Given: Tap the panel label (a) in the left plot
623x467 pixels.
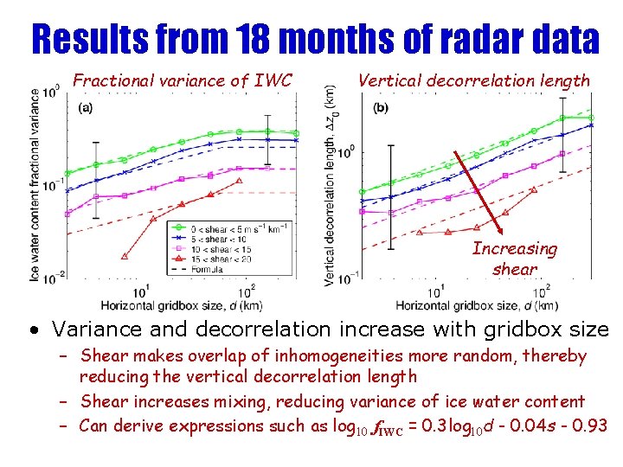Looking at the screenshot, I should (87, 108).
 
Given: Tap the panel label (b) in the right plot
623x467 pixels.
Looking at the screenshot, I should (381, 108).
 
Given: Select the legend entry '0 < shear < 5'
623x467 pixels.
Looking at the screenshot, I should (211, 227).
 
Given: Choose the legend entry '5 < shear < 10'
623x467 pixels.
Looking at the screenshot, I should (211, 238).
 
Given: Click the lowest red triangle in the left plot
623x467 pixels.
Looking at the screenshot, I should (124, 256).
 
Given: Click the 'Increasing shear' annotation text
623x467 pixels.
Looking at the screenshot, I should (514, 259).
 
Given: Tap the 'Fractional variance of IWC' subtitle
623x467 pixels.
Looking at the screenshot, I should (183, 81).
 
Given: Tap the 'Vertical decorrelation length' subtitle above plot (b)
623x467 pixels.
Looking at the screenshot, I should (473, 81).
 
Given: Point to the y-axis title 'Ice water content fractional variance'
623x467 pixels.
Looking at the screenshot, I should (35, 185).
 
